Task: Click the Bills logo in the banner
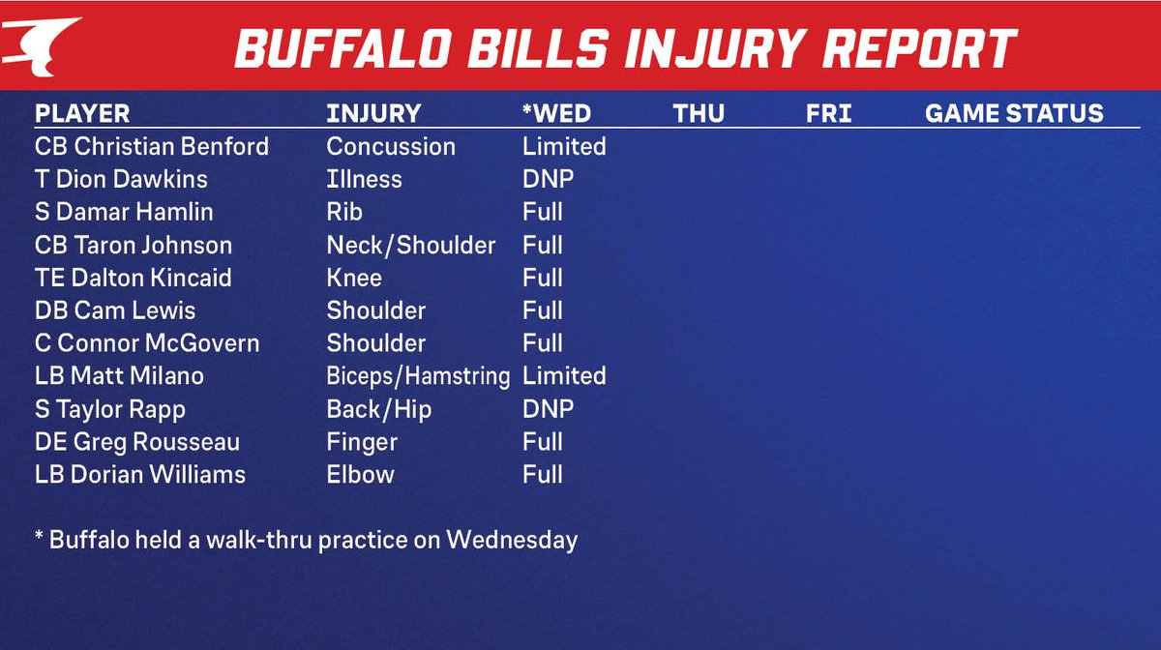[41, 44]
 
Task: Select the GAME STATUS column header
[1014, 113]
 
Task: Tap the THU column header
[699, 113]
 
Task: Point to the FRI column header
[828, 113]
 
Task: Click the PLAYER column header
[82, 113]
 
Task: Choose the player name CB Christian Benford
[152, 147]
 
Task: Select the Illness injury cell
[364, 180]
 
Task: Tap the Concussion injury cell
[391, 147]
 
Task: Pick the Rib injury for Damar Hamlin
[344, 213]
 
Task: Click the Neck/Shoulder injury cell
[411, 246]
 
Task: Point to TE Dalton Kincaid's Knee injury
[354, 279]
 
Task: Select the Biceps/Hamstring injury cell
[418, 376]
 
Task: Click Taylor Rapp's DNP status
[548, 409]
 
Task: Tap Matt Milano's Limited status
[564, 376]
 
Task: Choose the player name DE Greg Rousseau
[137, 442]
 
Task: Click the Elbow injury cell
[360, 475]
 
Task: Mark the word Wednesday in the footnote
[512, 540]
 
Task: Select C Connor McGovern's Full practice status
[543, 343]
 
